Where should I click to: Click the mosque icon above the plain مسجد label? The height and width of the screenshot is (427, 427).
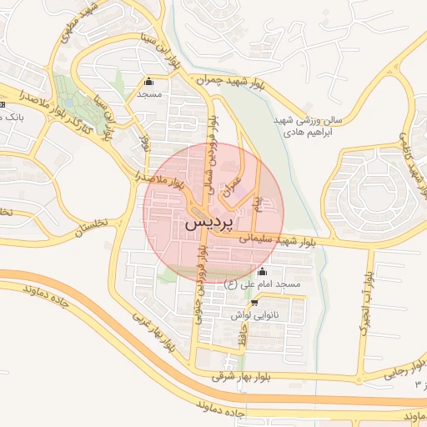[x=149, y=82]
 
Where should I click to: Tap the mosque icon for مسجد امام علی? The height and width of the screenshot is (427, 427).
[x=263, y=271]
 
